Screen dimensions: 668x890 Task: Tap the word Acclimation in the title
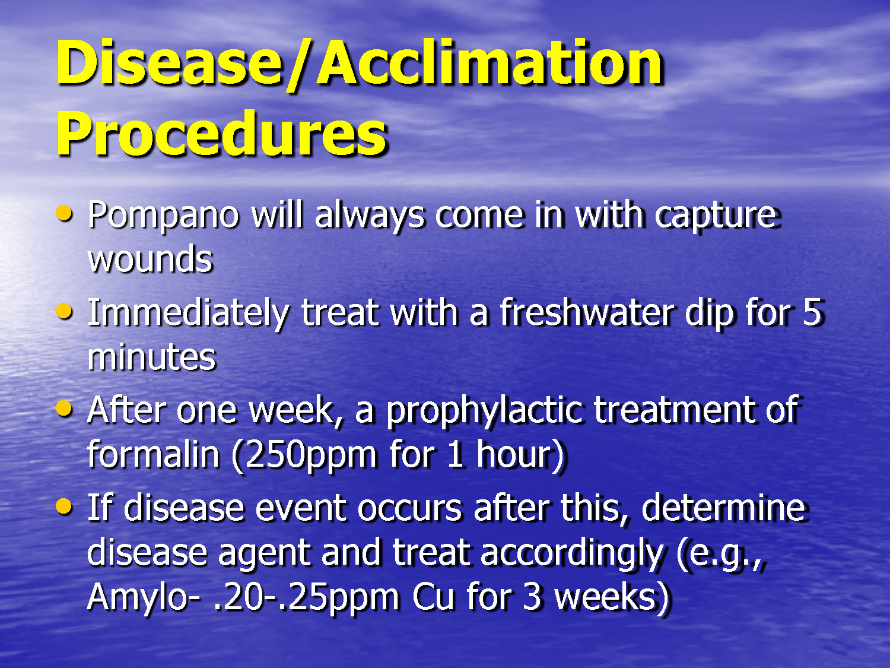coord(490,64)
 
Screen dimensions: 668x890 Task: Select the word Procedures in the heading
coord(221,134)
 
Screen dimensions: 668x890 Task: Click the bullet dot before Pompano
coord(64,213)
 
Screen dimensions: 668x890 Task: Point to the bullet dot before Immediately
coord(64,311)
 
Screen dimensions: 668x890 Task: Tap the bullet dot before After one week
coord(64,409)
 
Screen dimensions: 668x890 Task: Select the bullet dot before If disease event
coord(64,506)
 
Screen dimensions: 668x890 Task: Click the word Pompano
coord(163,216)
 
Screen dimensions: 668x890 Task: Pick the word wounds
coord(150,260)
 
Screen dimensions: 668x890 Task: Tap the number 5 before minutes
coord(812,313)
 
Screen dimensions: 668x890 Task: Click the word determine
coord(723,509)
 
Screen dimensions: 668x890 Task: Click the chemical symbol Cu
coord(433,597)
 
